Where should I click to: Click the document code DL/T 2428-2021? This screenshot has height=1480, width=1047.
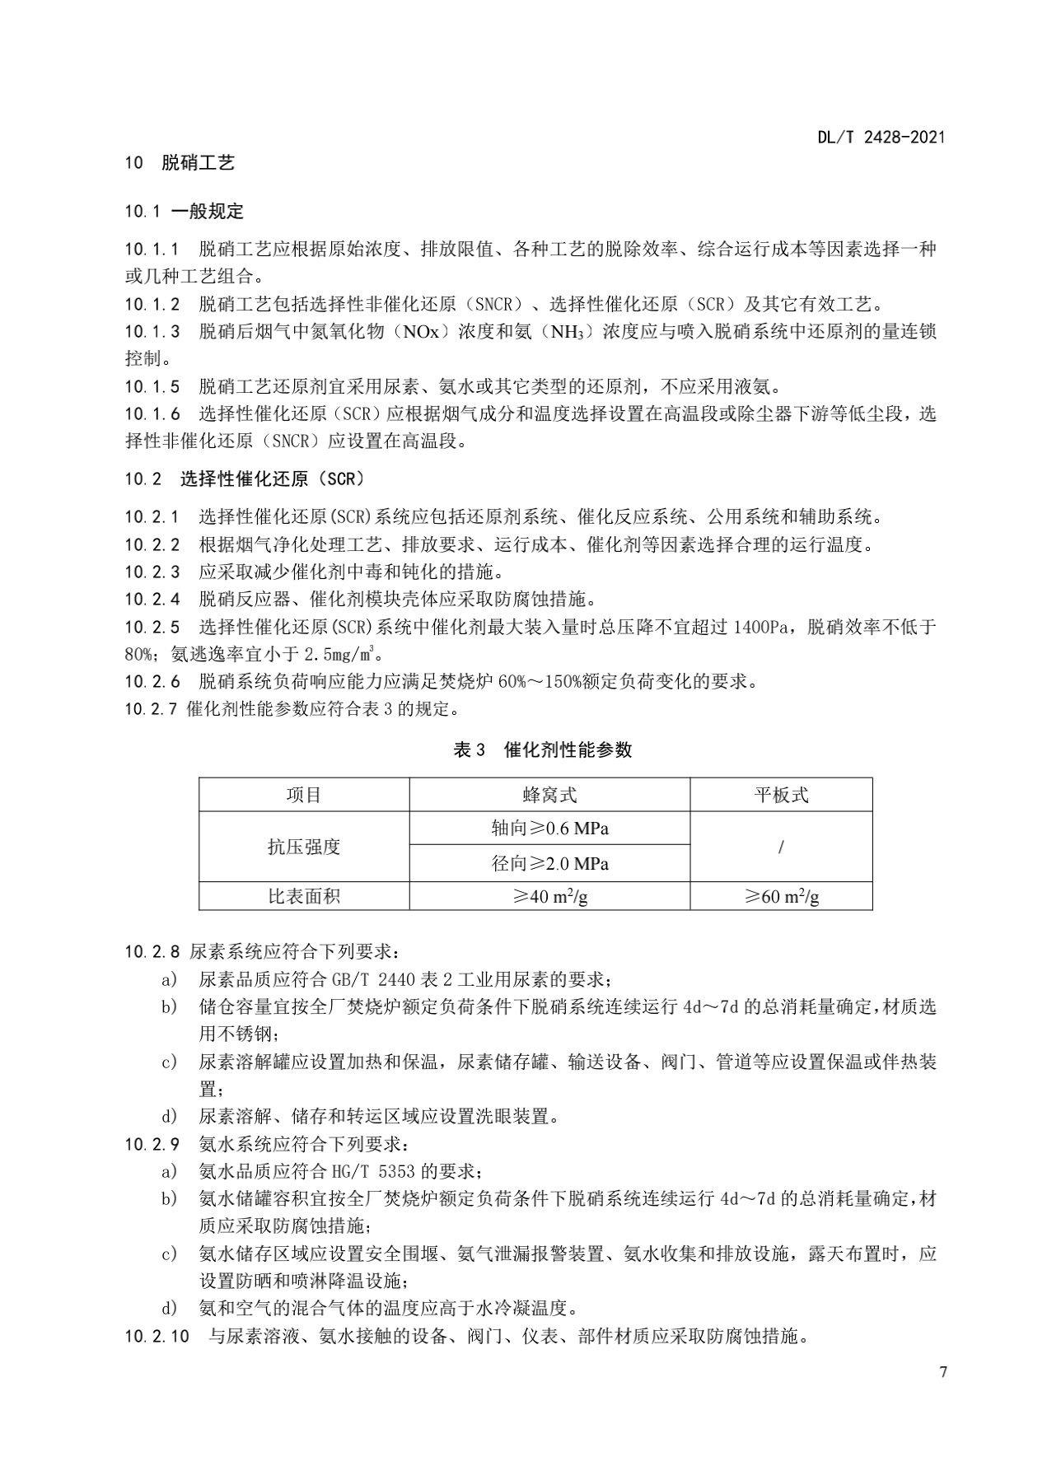(x=881, y=138)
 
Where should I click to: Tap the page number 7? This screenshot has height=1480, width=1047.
(x=942, y=1372)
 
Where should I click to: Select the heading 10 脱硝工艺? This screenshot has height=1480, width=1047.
(x=180, y=163)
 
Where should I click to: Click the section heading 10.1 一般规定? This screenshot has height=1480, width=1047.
(x=184, y=212)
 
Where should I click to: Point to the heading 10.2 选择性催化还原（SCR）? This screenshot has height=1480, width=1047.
(x=245, y=479)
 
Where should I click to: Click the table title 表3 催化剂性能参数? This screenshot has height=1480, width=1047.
(x=543, y=749)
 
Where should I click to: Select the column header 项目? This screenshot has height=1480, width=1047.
(x=304, y=795)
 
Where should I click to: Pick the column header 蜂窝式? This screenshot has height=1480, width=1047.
(x=549, y=795)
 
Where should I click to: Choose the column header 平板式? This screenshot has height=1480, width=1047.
(x=781, y=795)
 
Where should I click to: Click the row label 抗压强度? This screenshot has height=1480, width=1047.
(x=304, y=847)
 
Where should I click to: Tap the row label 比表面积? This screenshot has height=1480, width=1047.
(x=304, y=897)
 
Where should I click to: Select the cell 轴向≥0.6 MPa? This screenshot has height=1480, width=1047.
(x=549, y=829)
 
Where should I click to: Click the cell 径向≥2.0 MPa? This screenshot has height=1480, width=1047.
(x=549, y=864)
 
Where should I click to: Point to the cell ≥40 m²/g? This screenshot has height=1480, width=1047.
(x=549, y=897)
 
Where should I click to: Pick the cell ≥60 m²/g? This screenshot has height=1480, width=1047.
(x=781, y=897)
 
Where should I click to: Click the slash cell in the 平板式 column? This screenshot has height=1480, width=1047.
(x=781, y=847)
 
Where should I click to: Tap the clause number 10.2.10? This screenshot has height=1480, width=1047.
(x=157, y=1336)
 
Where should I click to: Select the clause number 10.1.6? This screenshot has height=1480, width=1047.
(x=152, y=414)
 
